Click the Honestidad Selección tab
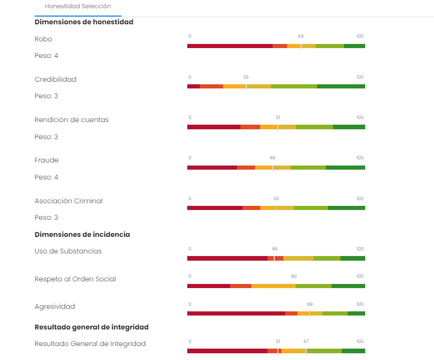pos(78,7)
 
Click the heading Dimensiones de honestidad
pos(84,22)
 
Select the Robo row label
pos(43,39)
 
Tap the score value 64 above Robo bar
pos(301,36)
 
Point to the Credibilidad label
pos(55,80)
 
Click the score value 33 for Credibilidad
pos(246,77)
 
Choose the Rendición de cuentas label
pos(71,120)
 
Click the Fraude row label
pos(47,160)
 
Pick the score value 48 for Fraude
pos(272,158)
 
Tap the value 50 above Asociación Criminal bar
pos(276,199)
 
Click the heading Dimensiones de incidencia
pos(82,234)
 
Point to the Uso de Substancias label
pos(68,251)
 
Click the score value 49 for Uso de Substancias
pos(274,249)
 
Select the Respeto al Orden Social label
pos(75,279)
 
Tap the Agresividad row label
pos(55,307)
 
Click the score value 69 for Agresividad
pos(310,304)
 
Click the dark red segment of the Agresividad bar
pos(236,313)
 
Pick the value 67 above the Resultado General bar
pos(306,341)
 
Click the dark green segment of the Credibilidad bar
pos(341,86)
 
